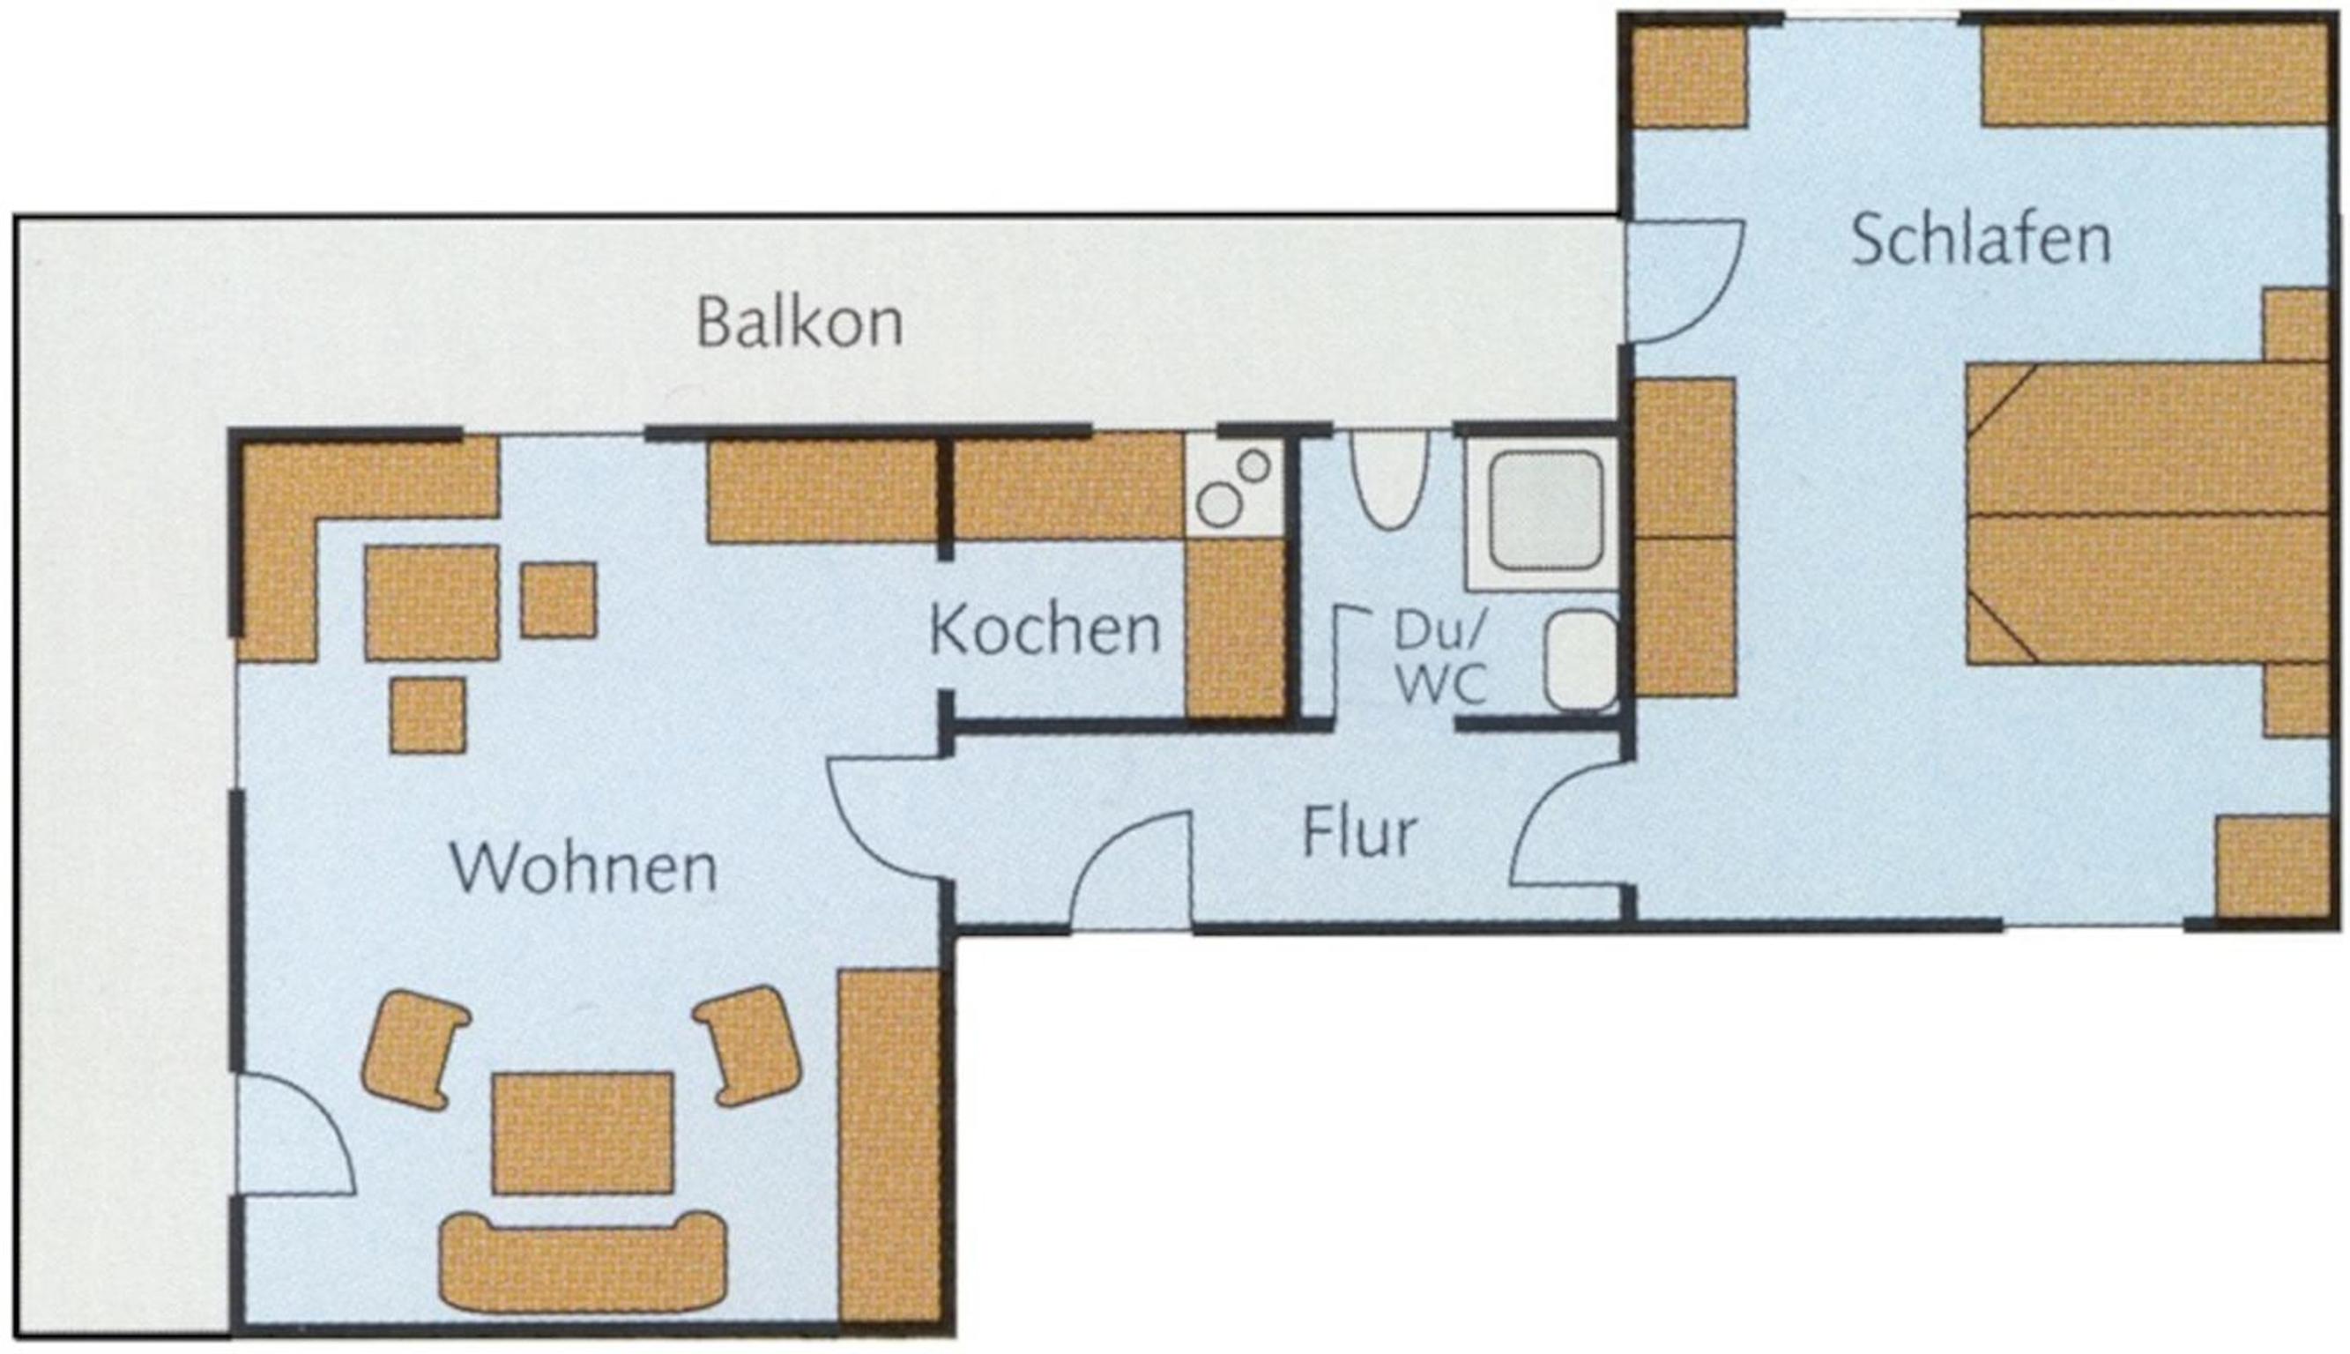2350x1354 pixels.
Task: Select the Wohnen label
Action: point(584,868)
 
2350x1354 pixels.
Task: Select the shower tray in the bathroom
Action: point(1543,512)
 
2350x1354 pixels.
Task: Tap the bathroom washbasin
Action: point(1580,661)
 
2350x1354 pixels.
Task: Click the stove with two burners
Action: point(1232,486)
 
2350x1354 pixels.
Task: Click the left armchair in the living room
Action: point(413,1049)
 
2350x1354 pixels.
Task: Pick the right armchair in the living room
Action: point(749,1045)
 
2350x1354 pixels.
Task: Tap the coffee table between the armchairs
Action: point(583,1133)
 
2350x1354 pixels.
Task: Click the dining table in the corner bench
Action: point(431,603)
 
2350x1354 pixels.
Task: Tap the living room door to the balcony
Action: point(295,1135)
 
